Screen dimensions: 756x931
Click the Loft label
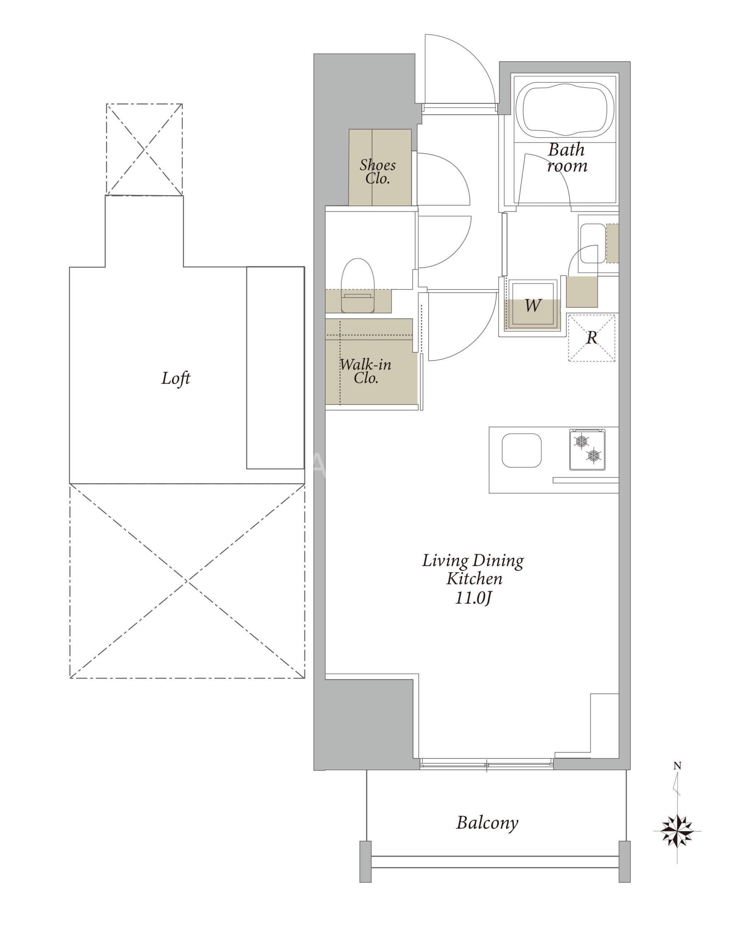176,378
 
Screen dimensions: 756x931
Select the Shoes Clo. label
378,171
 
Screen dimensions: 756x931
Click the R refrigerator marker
591,337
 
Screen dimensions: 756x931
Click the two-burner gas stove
587,449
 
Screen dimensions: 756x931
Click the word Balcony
487,823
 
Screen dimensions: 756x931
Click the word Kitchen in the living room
475,579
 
